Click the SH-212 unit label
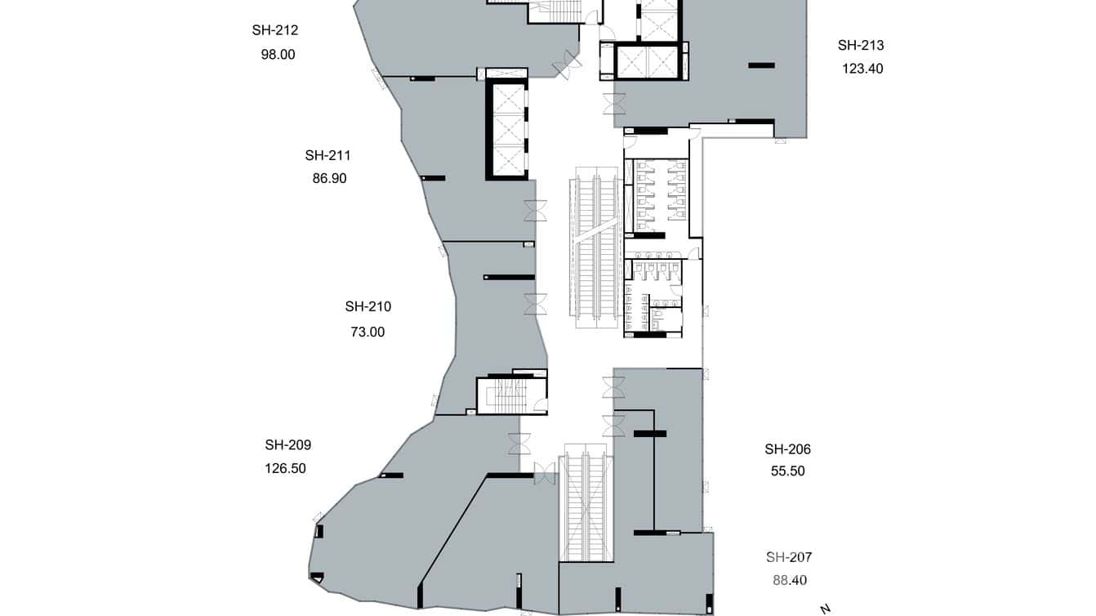(274, 31)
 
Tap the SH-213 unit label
(861, 46)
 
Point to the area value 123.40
(862, 69)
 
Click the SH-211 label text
(328, 155)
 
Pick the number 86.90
(329, 178)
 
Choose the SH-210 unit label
(368, 307)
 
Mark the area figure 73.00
(368, 332)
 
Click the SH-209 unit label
(287, 445)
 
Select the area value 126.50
(285, 469)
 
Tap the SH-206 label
(787, 449)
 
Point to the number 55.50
(788, 471)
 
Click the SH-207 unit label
(789, 558)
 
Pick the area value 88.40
(790, 581)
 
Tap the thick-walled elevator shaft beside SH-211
(506, 129)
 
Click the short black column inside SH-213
(762, 65)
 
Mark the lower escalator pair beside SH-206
(586, 507)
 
